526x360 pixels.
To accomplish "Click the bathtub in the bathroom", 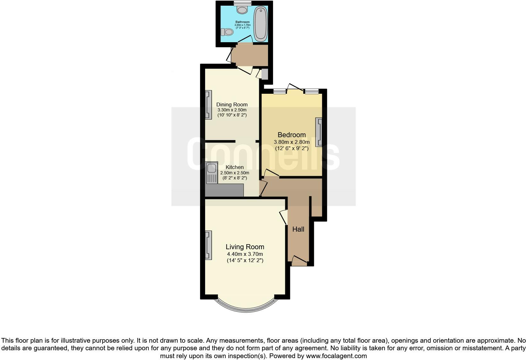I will pyautogui.click(x=260, y=24).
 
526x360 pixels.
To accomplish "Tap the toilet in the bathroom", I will pyautogui.click(x=227, y=32).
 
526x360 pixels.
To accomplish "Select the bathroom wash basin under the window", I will pyautogui.click(x=242, y=10).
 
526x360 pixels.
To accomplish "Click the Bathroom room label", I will pyautogui.click(x=242, y=22).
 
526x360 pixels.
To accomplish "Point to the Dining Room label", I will pyautogui.click(x=232, y=104).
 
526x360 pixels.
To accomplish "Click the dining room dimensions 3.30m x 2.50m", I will pyautogui.click(x=232, y=110).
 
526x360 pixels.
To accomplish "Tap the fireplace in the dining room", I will pyautogui.click(x=208, y=105).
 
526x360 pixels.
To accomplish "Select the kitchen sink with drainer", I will pyautogui.click(x=211, y=173).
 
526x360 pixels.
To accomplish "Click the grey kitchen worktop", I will pyautogui.click(x=224, y=191).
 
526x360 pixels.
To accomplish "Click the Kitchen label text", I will pyautogui.click(x=234, y=167).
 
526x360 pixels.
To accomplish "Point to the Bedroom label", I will pyautogui.click(x=292, y=135).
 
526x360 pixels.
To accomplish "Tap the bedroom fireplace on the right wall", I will pyautogui.click(x=319, y=132).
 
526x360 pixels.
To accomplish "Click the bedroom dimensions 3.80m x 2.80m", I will pyautogui.click(x=292, y=142).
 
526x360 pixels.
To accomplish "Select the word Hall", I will pyautogui.click(x=298, y=229).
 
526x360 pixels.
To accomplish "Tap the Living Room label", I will pyautogui.click(x=245, y=247).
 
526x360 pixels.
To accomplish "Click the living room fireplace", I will pyautogui.click(x=208, y=245).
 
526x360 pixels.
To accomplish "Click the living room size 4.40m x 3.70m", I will pyautogui.click(x=245, y=254).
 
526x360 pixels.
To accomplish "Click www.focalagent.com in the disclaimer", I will pyautogui.click(x=336, y=356).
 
